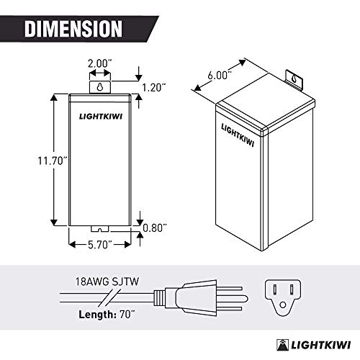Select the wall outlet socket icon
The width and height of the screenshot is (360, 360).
pyautogui.click(x=283, y=294)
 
